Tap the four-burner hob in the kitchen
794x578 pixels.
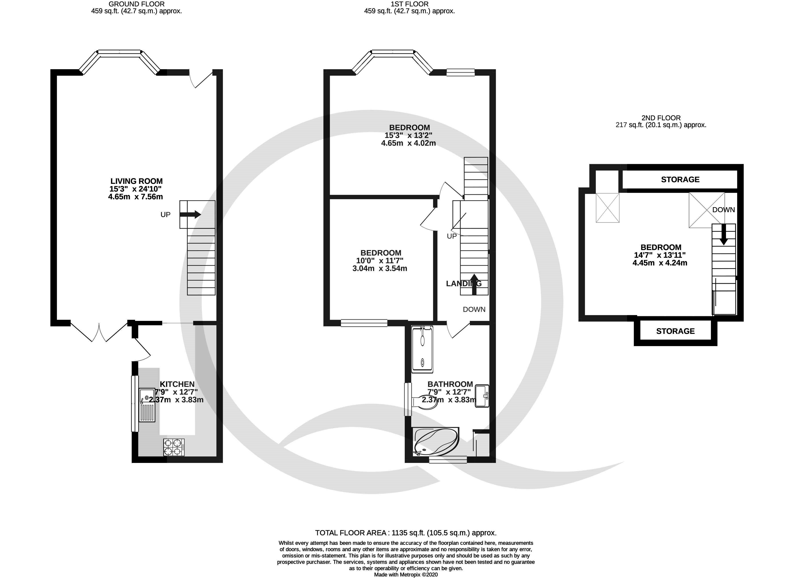coord(174,447)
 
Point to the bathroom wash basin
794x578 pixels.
coord(482,396)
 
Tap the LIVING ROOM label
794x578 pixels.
coord(137,181)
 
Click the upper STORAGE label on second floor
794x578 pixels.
coord(680,179)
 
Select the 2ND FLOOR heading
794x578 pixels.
coord(661,118)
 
